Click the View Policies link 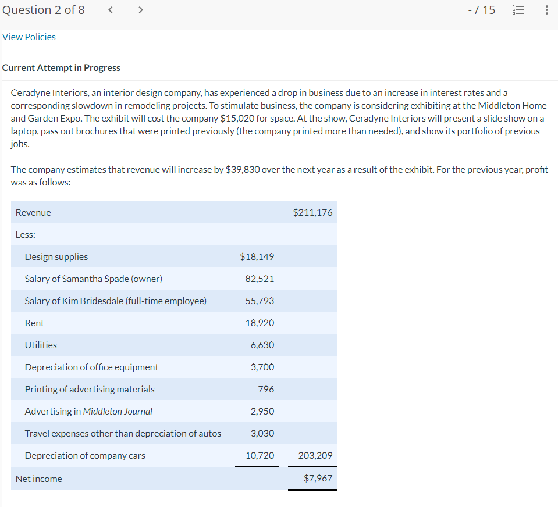point(29,37)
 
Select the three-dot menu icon point(546,10)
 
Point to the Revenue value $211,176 point(313,213)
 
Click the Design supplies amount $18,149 point(257,257)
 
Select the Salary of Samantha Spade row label point(93,279)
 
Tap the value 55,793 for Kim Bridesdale point(260,301)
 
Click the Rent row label point(34,323)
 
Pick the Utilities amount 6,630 point(262,345)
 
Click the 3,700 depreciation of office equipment point(262,367)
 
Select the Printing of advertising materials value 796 point(266,390)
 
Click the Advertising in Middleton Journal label point(88,412)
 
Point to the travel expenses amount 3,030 point(262,434)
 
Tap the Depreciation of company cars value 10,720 point(260,456)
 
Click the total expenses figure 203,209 point(315,456)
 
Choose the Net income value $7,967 point(318,479)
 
